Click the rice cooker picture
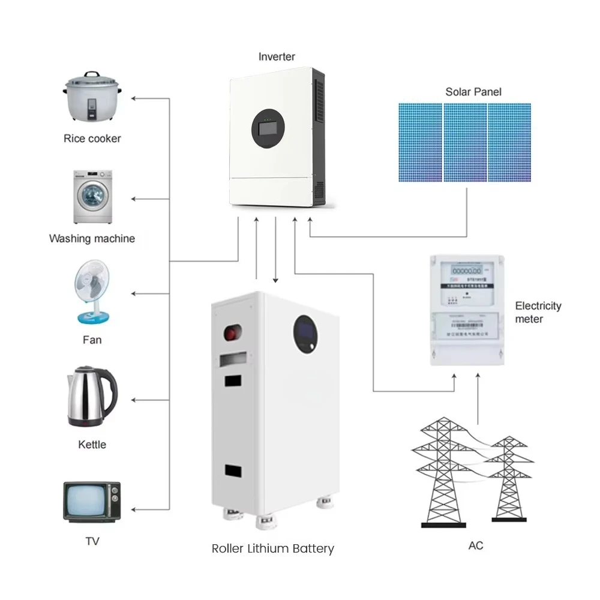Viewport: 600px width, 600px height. point(92,99)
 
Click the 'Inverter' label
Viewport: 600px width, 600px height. point(277,57)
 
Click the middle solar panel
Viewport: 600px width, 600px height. point(464,142)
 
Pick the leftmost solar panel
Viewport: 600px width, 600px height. point(420,142)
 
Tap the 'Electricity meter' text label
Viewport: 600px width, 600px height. point(538,312)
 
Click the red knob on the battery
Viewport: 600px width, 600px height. point(230,332)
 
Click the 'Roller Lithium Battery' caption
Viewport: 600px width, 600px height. point(272,548)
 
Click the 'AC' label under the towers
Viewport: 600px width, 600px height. point(475,546)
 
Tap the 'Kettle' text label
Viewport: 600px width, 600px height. point(92,445)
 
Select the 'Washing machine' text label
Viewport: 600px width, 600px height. point(92,239)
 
